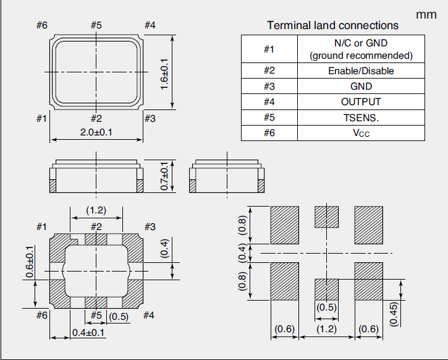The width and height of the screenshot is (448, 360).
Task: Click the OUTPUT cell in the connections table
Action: (x=361, y=102)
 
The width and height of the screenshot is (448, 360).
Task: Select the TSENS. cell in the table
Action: (x=361, y=118)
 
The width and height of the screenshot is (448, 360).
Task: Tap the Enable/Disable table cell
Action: (x=361, y=71)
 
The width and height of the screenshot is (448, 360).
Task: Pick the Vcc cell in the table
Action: (x=361, y=133)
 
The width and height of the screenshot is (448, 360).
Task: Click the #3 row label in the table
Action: (x=269, y=87)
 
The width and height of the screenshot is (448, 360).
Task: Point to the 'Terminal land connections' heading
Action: (x=332, y=25)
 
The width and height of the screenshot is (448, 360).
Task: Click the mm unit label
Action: (x=426, y=13)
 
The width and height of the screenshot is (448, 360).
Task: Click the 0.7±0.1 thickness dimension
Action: (x=164, y=176)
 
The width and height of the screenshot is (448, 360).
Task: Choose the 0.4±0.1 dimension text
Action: (x=88, y=333)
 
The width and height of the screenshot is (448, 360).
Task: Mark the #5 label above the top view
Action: (x=96, y=25)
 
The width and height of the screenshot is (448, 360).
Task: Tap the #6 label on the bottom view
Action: (x=41, y=315)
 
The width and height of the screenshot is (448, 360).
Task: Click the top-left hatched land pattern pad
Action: (x=285, y=224)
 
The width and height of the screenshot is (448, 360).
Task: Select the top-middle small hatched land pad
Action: (x=327, y=216)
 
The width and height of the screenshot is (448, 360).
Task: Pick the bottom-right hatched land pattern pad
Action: (x=368, y=281)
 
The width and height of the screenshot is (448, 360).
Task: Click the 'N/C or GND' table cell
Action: (x=361, y=49)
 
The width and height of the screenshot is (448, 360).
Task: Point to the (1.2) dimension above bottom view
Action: (x=96, y=210)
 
